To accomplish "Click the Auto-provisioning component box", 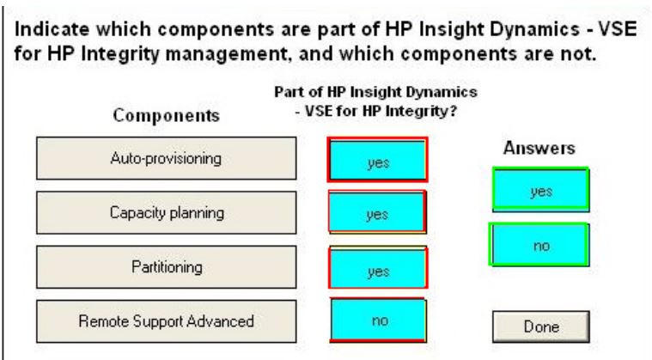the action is click(167, 158).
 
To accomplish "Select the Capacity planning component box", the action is click(167, 212).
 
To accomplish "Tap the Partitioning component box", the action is click(167, 267).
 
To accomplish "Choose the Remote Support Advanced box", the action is click(167, 321).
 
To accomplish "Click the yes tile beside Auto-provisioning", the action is click(378, 160).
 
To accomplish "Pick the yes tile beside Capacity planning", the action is click(377, 212).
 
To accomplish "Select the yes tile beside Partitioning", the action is click(378, 268).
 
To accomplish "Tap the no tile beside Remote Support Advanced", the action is click(378, 320).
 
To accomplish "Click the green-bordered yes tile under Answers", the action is click(540, 190).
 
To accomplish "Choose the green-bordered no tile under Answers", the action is click(539, 244).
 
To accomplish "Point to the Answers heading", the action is click(539, 148).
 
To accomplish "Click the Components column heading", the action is click(167, 116).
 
